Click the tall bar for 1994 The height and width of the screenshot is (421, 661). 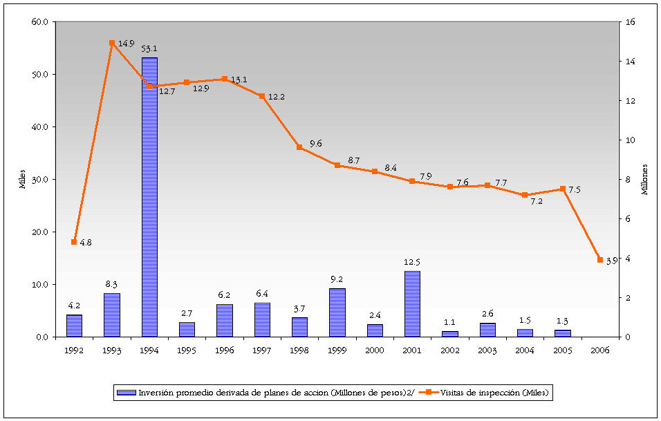click(149, 197)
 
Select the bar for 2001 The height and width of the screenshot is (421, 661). click(412, 304)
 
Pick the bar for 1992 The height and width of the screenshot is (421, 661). click(74, 326)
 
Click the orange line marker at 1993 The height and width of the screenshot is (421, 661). click(111, 43)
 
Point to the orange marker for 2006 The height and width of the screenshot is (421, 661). click(600, 260)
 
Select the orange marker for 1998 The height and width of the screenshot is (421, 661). click(299, 147)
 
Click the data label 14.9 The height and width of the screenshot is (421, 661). click(126, 44)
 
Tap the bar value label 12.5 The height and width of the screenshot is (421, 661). click(412, 263)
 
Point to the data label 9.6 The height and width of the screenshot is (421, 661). click(316, 143)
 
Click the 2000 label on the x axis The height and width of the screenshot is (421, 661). click(374, 350)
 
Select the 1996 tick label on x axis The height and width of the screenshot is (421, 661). click(224, 350)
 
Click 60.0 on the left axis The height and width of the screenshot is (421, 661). click(39, 22)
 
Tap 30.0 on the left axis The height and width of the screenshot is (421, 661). click(39, 180)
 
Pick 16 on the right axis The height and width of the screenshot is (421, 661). click(629, 22)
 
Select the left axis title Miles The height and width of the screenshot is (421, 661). click(22, 180)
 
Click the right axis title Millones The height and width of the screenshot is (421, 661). click(644, 180)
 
